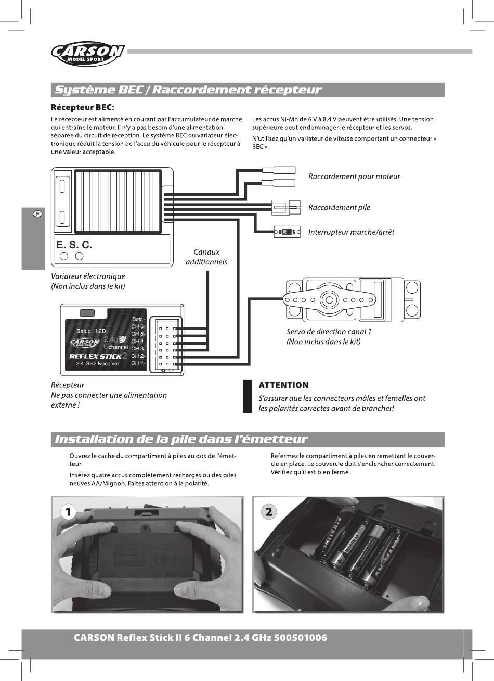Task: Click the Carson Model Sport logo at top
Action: (x=87, y=54)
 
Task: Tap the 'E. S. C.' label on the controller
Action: (x=74, y=244)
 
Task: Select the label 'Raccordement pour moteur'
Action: (x=354, y=176)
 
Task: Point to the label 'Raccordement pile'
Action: (x=339, y=208)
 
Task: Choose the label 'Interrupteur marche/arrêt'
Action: (x=351, y=232)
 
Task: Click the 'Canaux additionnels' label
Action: (x=206, y=257)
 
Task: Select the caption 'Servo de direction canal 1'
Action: (x=329, y=332)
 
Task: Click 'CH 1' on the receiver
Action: (x=138, y=363)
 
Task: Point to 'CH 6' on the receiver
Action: (x=138, y=326)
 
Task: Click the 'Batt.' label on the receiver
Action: (x=137, y=319)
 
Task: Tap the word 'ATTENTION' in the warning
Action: (x=283, y=385)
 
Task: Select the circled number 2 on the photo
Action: (x=268, y=512)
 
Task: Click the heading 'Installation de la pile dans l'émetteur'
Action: (x=181, y=439)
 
